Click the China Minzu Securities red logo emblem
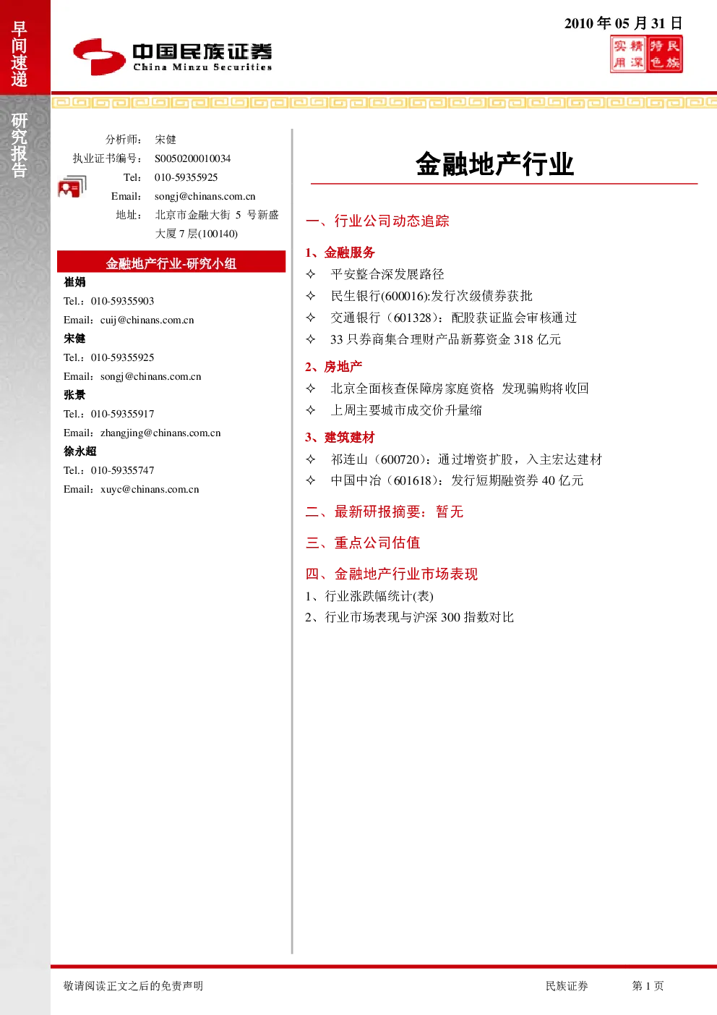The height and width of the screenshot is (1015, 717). coord(99,56)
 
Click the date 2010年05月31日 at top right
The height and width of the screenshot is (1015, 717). coord(623,23)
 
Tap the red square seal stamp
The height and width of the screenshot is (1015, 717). coord(646,54)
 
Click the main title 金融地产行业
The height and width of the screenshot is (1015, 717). coord(495,163)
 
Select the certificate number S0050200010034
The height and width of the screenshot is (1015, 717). coord(192,158)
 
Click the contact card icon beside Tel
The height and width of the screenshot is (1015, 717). coord(72,186)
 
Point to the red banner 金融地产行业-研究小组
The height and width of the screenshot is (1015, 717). coord(171,263)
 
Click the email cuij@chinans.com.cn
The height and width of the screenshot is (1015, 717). coord(147,320)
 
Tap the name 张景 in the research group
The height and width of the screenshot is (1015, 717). coord(74,395)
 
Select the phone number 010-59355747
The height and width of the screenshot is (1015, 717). coord(123,470)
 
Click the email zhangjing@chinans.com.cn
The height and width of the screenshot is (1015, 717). coord(160,433)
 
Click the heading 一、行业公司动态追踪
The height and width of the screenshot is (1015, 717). coord(377,221)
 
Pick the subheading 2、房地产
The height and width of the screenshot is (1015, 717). coord(334,366)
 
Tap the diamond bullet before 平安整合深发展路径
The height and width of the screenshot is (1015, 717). coord(311,273)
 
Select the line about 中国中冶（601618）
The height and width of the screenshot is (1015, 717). coord(457,480)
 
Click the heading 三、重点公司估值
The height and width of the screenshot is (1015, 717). coord(363,543)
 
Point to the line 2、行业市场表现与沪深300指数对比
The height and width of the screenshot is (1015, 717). coord(409,617)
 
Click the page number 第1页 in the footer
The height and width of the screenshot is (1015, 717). coord(648,985)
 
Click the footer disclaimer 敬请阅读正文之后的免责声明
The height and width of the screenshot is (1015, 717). coord(133,985)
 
